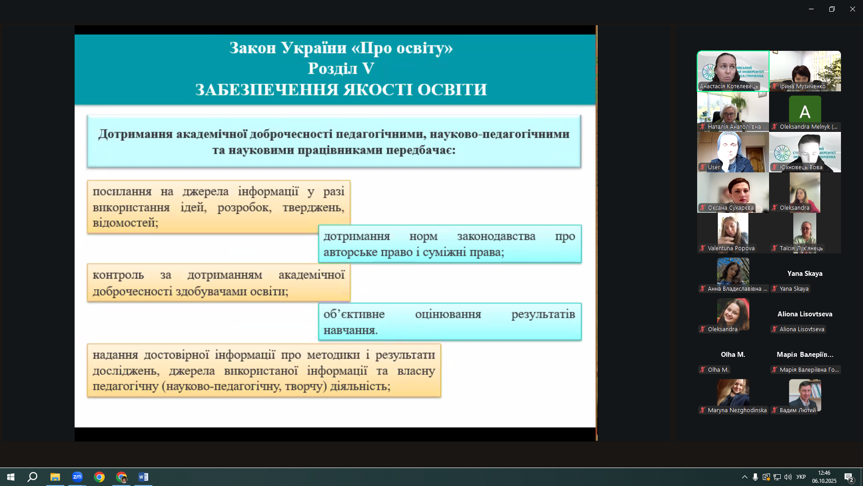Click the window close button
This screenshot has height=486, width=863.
pos(852,9)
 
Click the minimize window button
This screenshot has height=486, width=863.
pos(811,9)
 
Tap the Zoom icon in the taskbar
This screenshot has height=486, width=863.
pos(77,477)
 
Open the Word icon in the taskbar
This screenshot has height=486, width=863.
pos(143,477)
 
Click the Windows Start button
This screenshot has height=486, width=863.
pos(11,477)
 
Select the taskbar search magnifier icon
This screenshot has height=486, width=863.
pos(32,477)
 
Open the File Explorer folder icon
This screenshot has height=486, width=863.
pos(55,477)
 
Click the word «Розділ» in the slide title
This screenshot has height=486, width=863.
pos(333,69)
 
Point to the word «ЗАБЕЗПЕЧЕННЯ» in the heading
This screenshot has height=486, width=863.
pos(267,90)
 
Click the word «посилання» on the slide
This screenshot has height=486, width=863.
pos(122,192)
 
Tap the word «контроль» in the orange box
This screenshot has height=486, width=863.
pos(118,275)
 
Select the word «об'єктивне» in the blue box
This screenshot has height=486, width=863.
pos(354,314)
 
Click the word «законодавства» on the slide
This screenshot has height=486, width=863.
pos(496,237)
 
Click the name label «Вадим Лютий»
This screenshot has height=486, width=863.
pos(797,410)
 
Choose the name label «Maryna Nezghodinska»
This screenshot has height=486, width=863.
pos(737,410)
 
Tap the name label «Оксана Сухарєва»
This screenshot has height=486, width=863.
pos(730,208)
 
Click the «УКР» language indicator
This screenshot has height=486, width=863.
pos(801,477)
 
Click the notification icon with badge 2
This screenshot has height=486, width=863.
pos(849,477)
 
